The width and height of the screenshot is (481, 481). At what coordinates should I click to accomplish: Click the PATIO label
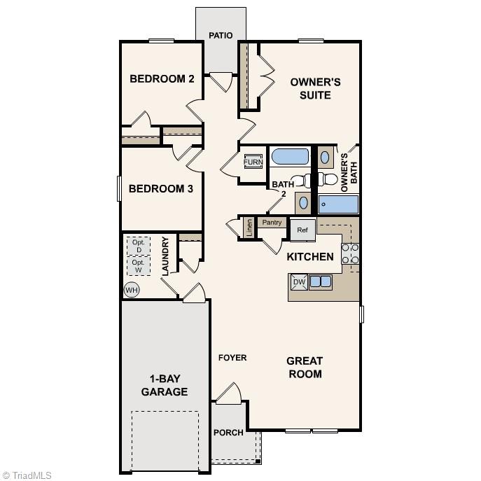coord(221,36)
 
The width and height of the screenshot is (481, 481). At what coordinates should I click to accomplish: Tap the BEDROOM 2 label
coord(162,78)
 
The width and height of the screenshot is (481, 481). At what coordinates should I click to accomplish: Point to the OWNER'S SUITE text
coord(316,88)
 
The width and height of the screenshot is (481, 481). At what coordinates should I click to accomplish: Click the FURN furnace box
coord(253,162)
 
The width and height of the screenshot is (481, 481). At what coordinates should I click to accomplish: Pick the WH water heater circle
coord(131,289)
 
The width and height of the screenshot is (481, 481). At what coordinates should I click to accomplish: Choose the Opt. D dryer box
coord(139,246)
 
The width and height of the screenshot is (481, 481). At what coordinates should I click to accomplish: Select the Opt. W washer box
coord(139,266)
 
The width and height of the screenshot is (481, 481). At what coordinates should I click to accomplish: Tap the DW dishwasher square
coord(299,282)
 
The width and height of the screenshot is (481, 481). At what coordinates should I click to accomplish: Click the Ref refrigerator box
coord(302,229)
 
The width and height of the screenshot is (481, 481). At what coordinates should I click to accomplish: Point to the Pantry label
coord(272,223)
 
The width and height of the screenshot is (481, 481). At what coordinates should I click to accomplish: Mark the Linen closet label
coord(249,228)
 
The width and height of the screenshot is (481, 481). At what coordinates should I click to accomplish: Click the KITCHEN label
coord(310,257)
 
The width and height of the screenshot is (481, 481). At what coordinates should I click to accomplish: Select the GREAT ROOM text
coord(305,368)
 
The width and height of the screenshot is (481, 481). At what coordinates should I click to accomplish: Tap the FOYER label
coord(232,358)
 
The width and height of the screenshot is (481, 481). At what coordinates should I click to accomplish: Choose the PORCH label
coord(228,433)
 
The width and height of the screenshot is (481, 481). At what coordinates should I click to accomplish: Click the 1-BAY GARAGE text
coord(165,385)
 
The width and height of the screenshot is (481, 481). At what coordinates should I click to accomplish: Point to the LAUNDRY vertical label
coord(165,256)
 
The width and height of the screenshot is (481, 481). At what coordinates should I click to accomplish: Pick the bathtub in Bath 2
coord(288,156)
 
